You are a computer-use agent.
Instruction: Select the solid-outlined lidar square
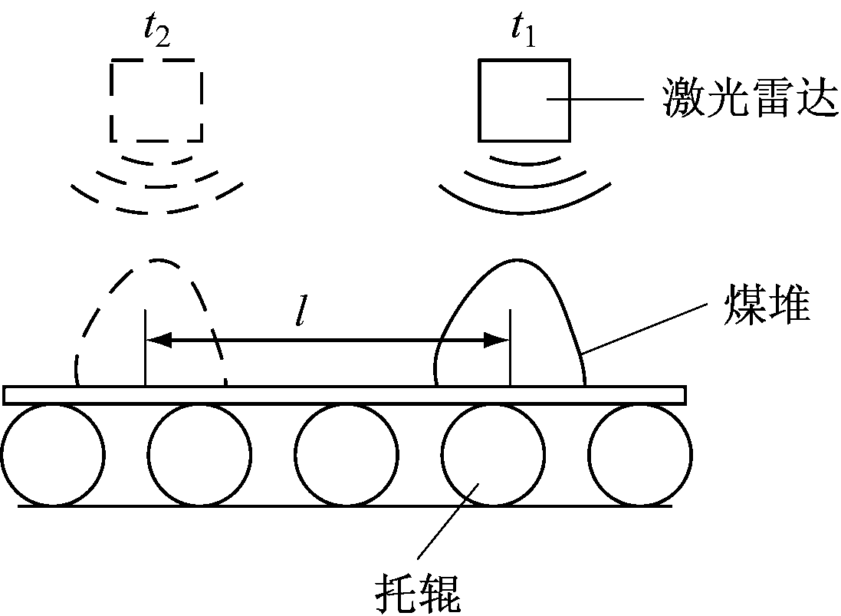tap(524, 100)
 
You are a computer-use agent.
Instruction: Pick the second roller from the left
tap(199, 455)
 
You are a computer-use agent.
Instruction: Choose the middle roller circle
tap(347, 455)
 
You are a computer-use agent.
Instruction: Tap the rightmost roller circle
tap(640, 455)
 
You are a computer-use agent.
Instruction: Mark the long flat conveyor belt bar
tap(344, 395)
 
